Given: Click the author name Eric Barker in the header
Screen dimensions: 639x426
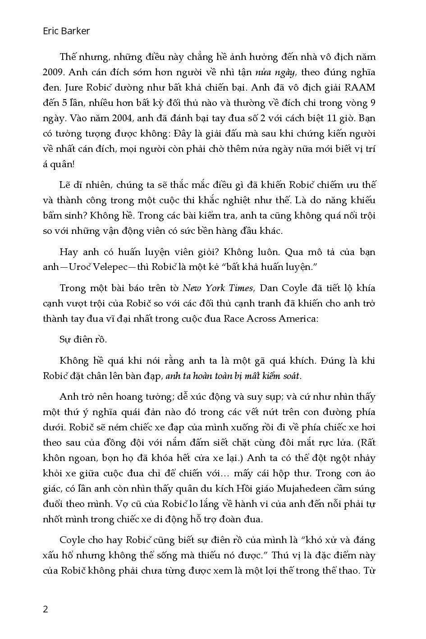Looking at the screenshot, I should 66,31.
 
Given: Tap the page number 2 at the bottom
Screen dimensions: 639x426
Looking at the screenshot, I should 45,609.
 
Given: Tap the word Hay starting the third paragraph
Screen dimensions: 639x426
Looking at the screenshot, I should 69,251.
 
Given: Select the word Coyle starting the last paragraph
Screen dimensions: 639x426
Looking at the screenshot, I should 72,540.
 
